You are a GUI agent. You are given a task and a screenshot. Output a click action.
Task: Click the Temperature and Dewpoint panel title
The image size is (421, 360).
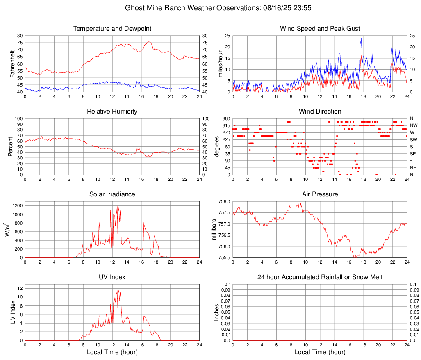click(112, 29)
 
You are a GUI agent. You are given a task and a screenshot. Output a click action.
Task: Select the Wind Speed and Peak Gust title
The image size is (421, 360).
click(320, 29)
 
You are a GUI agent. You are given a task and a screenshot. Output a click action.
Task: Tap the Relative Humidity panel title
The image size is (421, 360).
click(112, 112)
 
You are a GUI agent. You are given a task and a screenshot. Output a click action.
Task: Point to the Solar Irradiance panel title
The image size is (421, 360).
click(112, 194)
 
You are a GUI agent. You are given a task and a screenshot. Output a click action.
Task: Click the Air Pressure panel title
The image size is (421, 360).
click(320, 194)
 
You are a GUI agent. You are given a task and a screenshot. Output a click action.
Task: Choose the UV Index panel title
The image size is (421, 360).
click(112, 277)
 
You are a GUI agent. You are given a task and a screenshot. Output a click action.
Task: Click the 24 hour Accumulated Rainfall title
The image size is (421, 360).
click(320, 277)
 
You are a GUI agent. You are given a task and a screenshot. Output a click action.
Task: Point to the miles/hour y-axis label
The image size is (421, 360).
click(220, 64)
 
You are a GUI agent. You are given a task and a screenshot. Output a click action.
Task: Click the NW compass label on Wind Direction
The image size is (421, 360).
click(413, 125)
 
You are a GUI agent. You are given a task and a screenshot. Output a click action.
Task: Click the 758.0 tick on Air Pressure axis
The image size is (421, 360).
click(223, 202)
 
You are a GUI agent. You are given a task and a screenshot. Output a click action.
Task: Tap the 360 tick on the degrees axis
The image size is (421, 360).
click(226, 119)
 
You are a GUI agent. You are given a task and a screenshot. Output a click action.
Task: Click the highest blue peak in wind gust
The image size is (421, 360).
click(361, 39)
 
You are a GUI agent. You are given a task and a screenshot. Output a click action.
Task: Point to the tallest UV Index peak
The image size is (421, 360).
click(118, 290)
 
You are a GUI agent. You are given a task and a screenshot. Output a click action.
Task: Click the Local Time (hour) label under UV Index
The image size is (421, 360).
click(112, 352)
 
